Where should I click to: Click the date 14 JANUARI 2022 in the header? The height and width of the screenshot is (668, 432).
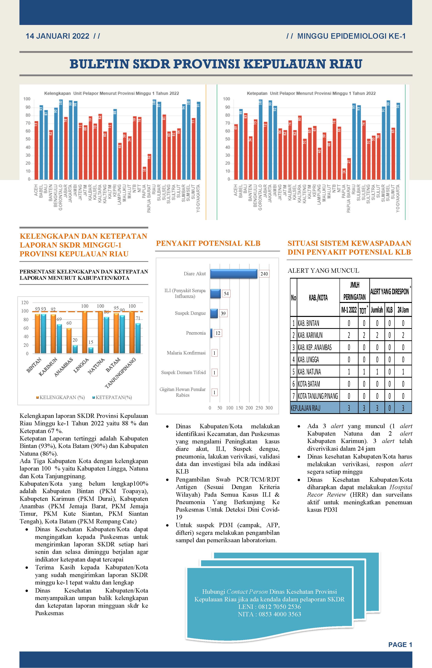point(58,36)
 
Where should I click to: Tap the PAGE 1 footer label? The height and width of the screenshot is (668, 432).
point(400,644)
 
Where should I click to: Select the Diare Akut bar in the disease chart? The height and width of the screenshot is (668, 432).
point(234,274)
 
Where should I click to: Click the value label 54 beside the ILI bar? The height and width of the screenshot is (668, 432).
point(226,294)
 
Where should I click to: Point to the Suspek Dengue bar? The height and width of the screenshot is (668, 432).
point(214,313)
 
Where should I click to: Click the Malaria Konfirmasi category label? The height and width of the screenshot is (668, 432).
point(186,353)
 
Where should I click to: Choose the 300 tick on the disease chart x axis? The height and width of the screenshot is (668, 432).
point(269,408)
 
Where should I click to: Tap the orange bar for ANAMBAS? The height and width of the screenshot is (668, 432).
point(69,341)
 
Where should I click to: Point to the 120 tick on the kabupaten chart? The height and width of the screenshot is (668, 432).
point(25,302)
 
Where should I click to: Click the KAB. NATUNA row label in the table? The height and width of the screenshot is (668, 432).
point(309,372)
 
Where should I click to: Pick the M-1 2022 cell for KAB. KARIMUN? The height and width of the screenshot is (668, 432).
point(349,335)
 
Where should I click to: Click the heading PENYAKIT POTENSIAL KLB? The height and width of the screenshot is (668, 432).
point(208,243)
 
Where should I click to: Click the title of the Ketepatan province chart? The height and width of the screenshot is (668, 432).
point(311,93)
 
